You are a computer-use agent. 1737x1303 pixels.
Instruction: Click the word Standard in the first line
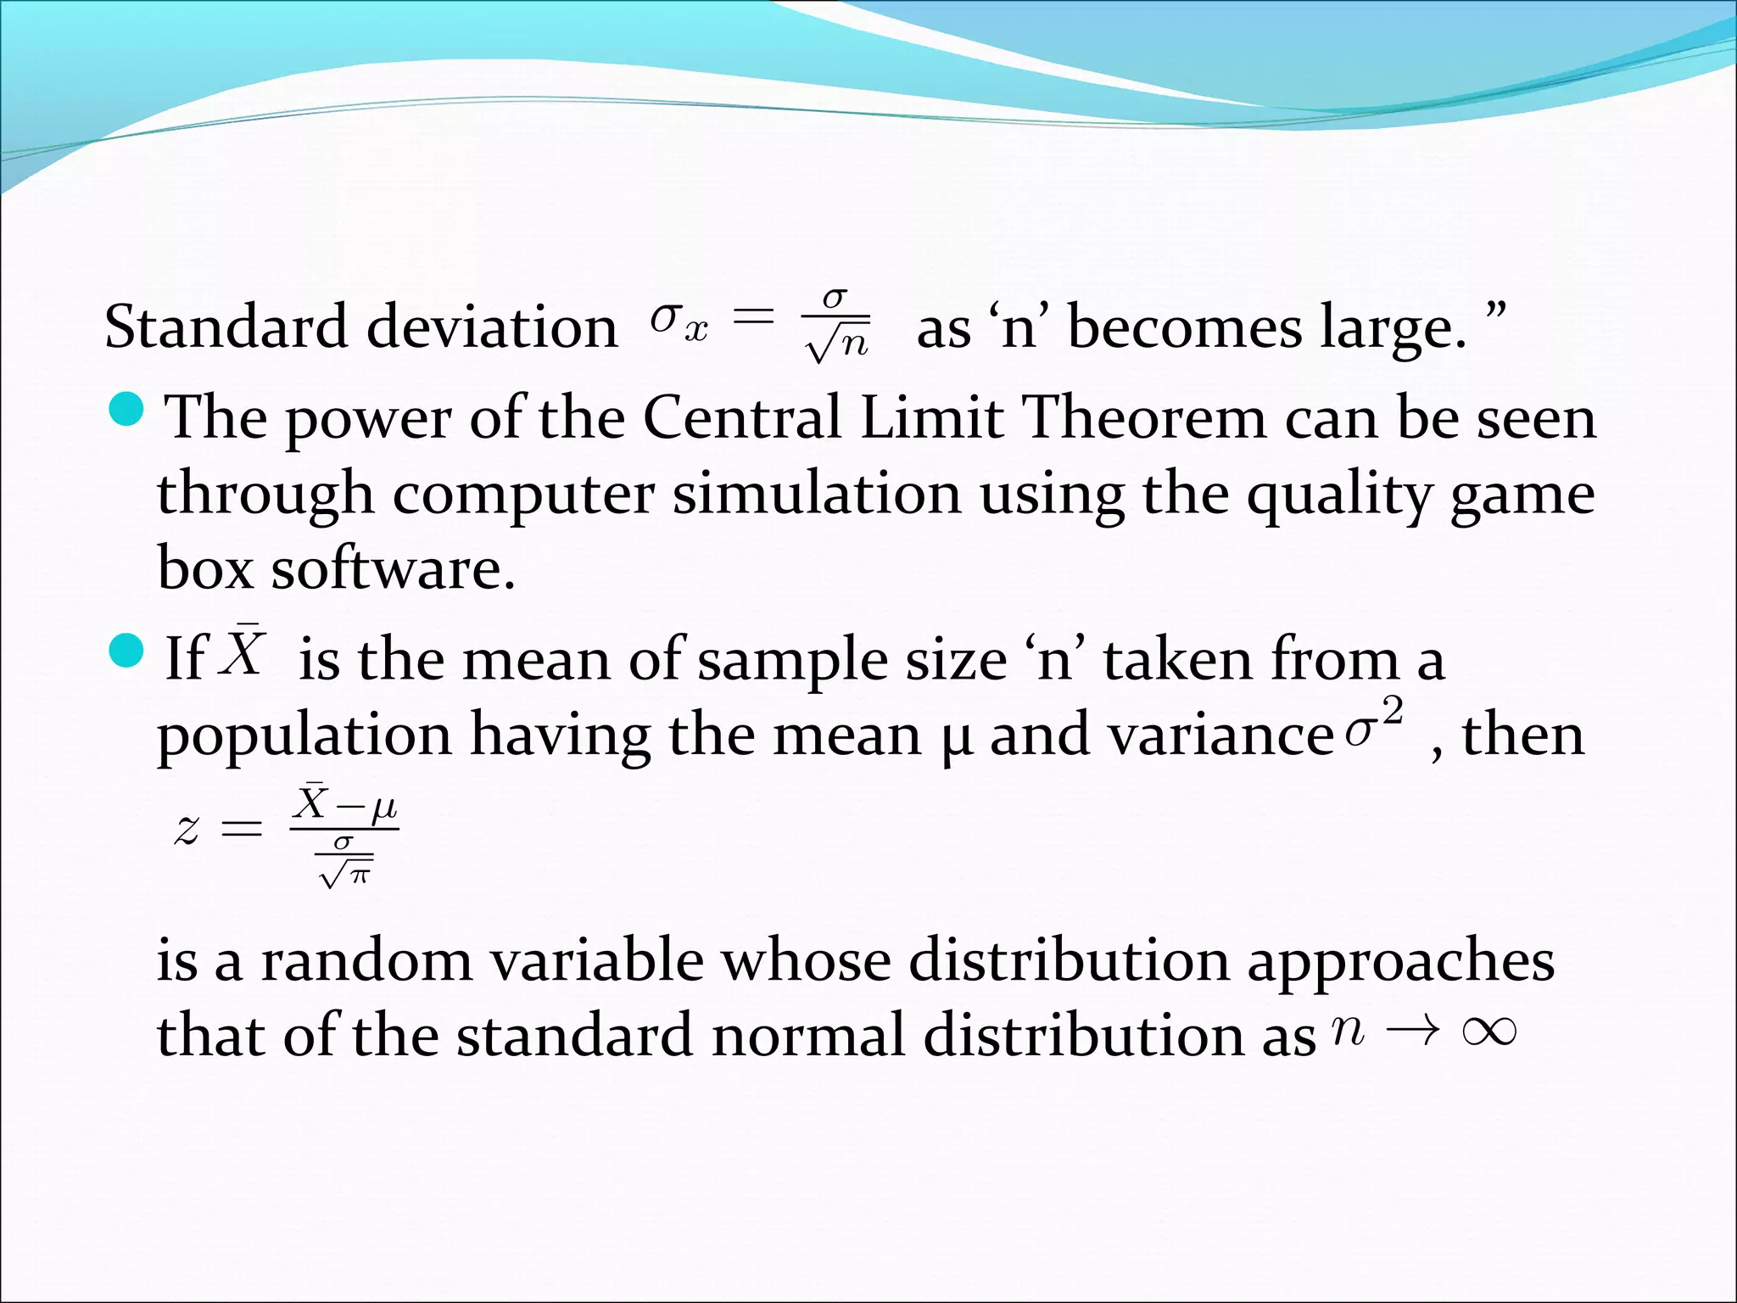[226, 327]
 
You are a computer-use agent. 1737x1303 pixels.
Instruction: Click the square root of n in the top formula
[837, 343]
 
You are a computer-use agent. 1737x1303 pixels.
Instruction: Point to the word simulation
[817, 493]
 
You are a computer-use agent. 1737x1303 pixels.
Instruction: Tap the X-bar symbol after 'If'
[243, 651]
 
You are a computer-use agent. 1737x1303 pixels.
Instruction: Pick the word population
[304, 735]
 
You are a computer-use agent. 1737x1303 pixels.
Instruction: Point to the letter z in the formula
[187, 828]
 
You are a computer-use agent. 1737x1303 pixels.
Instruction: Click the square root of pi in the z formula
[345, 872]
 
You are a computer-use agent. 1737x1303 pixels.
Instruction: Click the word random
[366, 961]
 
